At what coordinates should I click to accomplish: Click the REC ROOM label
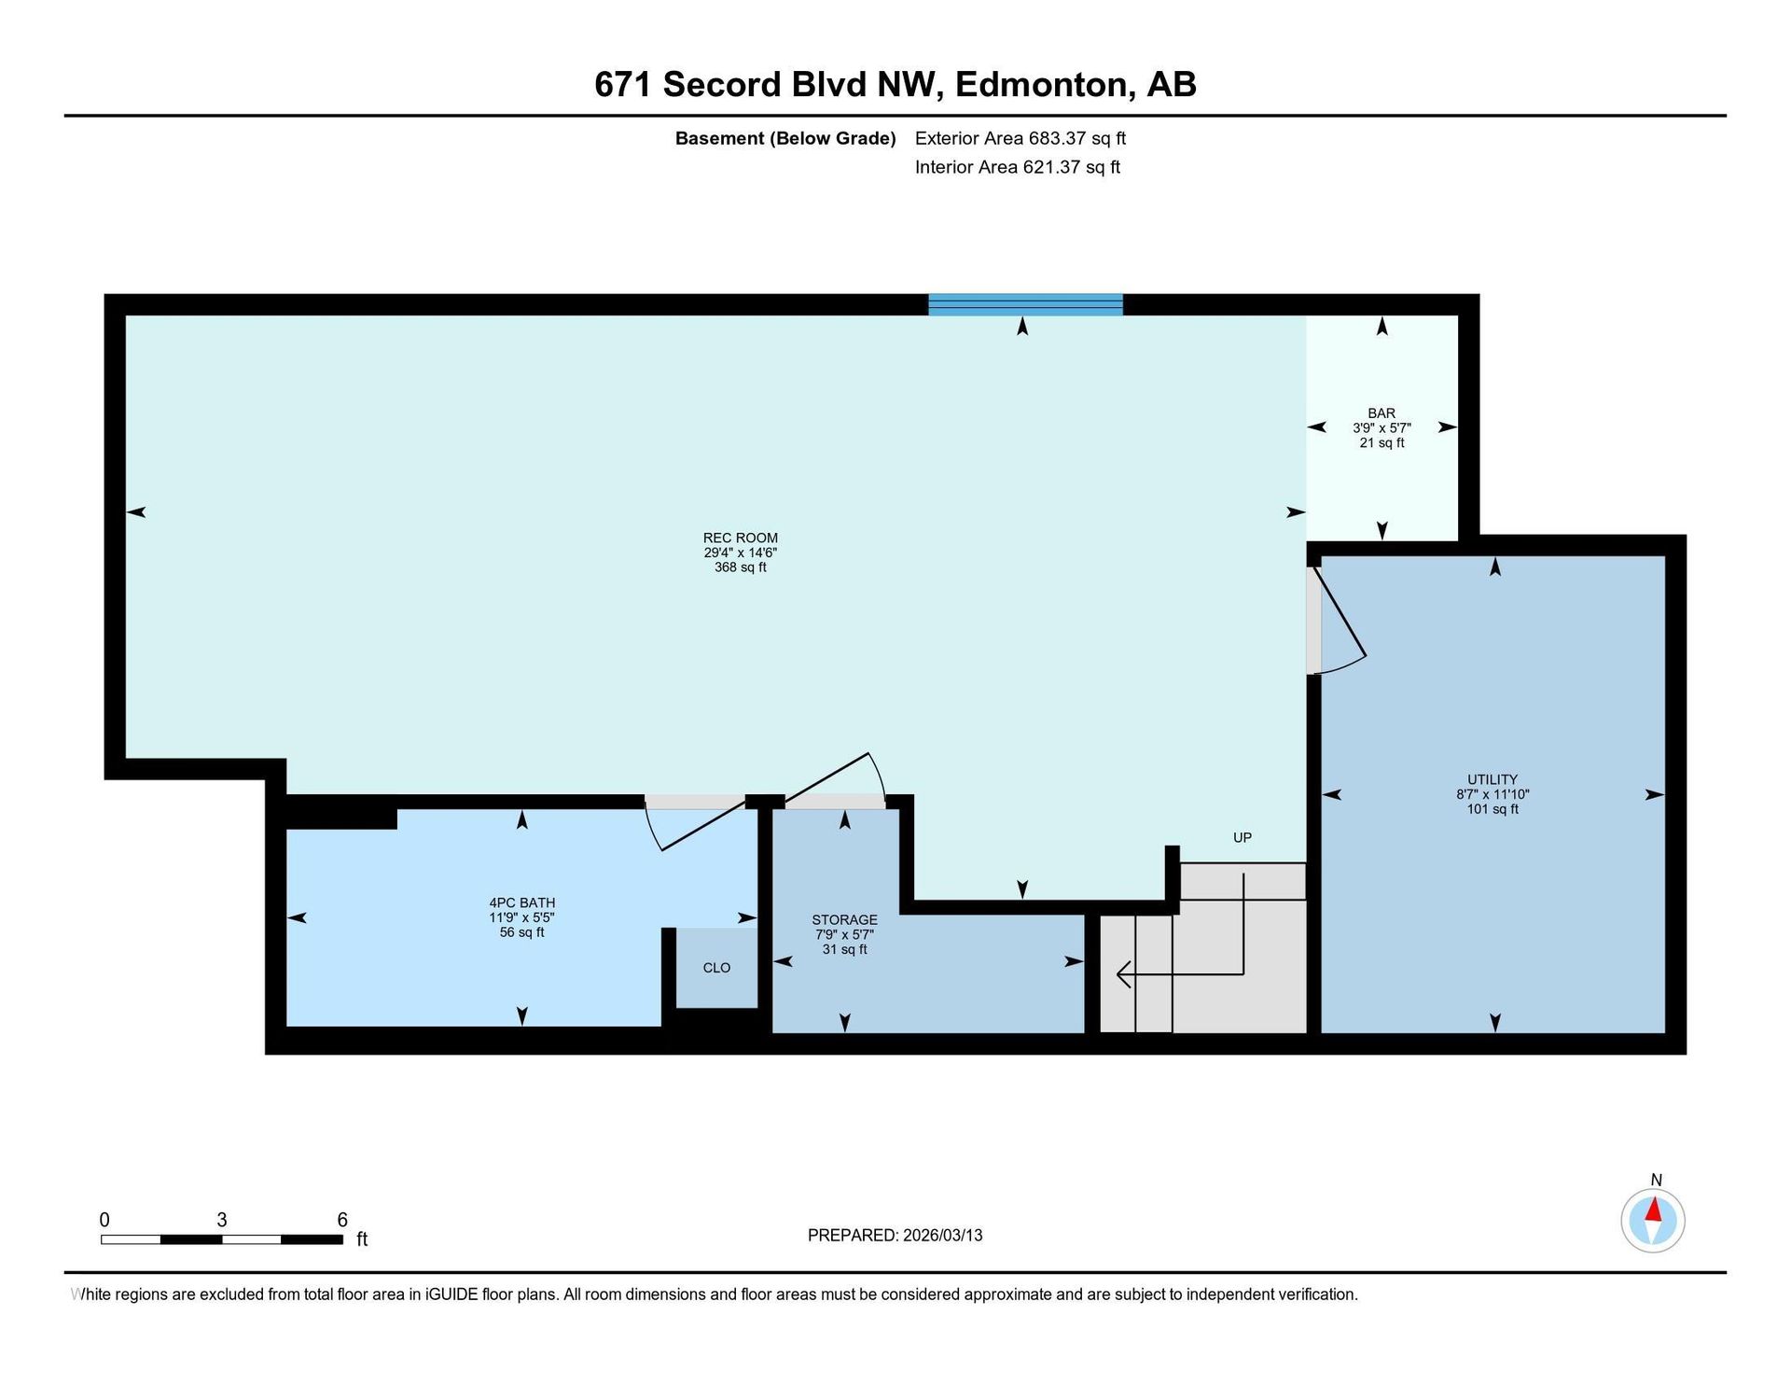740,538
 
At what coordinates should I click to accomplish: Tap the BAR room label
1381,413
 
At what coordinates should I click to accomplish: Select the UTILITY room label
1492,779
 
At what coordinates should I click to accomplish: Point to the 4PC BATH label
522,902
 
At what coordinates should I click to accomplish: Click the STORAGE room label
844,919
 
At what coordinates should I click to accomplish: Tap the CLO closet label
716,968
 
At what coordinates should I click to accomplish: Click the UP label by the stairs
1243,838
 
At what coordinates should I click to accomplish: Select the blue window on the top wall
1025,305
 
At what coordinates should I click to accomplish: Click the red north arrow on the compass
1654,1210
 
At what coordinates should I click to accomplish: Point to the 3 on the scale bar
222,1220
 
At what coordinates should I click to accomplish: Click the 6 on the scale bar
342,1220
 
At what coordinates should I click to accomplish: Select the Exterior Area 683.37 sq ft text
1020,138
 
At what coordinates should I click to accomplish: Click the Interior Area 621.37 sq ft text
1018,167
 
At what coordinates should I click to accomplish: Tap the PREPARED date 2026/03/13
942,1236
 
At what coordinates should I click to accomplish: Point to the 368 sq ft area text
740,567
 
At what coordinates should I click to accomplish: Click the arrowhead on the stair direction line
1123,974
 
